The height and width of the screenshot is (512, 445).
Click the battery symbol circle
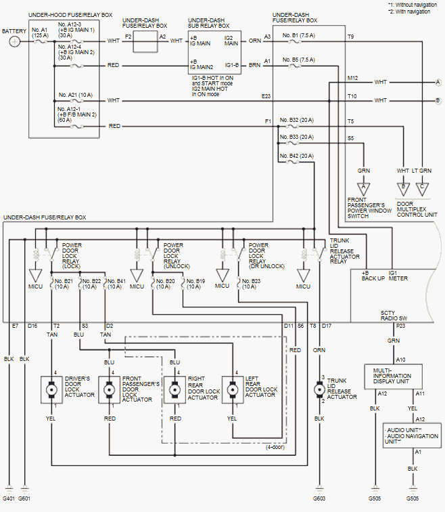(x=15, y=42)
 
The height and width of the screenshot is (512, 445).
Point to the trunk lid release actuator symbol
(x=319, y=391)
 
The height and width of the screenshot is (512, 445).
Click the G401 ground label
(x=7, y=499)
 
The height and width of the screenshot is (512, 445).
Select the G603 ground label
(x=319, y=499)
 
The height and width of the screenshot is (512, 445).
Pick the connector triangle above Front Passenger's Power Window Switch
(x=365, y=186)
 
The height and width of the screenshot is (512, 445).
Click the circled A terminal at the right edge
(x=438, y=82)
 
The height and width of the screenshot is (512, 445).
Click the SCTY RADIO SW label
(x=393, y=317)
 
